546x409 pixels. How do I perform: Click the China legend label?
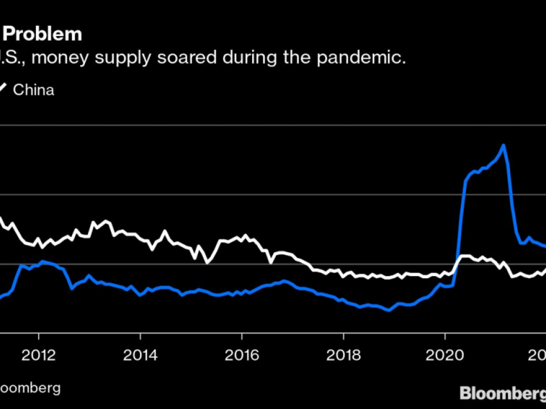click(33, 90)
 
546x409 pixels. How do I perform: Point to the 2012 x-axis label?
click(39, 356)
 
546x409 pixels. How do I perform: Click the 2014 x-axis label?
click(140, 356)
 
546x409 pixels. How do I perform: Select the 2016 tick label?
click(242, 356)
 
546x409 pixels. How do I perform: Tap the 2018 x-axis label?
click(343, 356)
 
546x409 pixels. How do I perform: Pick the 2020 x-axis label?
click(445, 356)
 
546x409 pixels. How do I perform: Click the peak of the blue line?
click(503, 145)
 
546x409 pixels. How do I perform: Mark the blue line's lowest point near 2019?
click(388, 310)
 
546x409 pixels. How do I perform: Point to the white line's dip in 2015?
click(207, 262)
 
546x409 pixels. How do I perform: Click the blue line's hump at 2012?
click(43, 262)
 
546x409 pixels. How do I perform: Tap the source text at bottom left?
click(30, 388)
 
